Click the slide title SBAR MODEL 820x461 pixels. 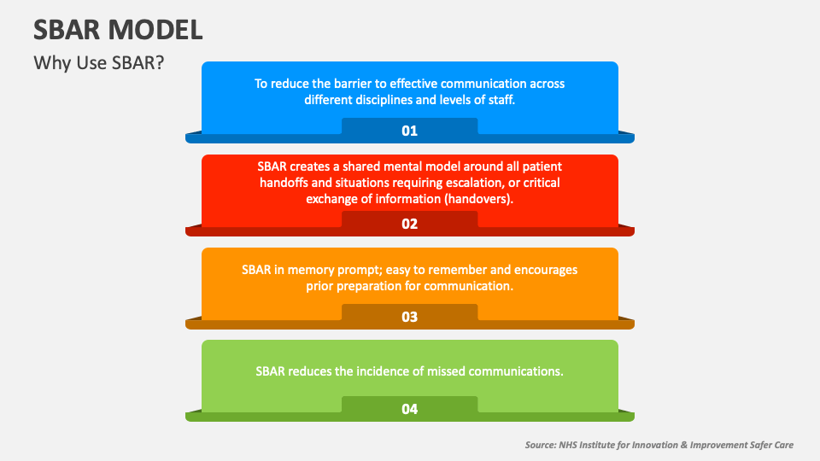coord(118,30)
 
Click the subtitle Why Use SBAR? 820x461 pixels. coord(99,64)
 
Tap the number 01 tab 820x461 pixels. coord(409,131)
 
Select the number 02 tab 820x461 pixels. coord(409,224)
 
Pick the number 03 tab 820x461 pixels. coord(409,317)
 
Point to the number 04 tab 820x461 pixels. coord(409,409)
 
